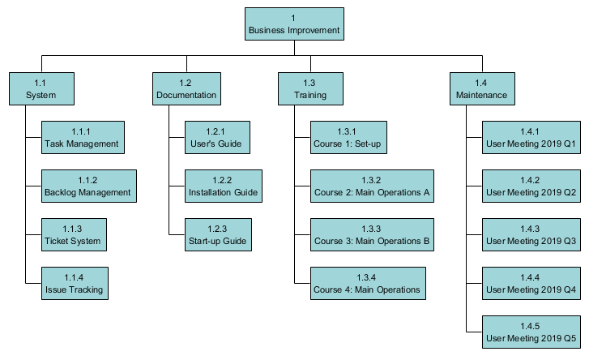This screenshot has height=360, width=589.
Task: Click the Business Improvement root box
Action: (x=294, y=24)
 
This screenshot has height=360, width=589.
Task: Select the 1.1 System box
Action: (x=41, y=88)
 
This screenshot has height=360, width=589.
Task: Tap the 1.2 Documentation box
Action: (x=186, y=88)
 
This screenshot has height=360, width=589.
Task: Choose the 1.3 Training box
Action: (x=310, y=88)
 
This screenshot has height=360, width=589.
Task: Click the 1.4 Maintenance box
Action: (x=482, y=88)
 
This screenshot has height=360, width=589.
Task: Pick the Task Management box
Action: (x=83, y=138)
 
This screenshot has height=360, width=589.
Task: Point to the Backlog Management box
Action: (x=89, y=186)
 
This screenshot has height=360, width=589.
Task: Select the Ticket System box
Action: (x=74, y=235)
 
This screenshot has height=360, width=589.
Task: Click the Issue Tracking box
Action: (x=75, y=283)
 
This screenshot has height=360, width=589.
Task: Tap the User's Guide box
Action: (x=217, y=138)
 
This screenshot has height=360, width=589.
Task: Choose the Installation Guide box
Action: (x=224, y=186)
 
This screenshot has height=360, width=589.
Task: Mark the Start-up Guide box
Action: (x=218, y=235)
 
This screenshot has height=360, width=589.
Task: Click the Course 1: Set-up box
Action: (x=348, y=138)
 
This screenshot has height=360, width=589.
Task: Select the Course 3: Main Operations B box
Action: (x=372, y=235)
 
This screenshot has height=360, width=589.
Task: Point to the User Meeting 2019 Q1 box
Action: (x=531, y=138)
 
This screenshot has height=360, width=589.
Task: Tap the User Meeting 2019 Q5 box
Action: (x=531, y=332)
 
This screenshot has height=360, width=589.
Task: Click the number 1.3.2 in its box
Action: (x=371, y=180)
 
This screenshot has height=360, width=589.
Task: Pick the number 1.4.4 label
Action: (x=530, y=278)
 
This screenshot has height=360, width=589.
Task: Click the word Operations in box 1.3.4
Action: (x=398, y=290)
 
